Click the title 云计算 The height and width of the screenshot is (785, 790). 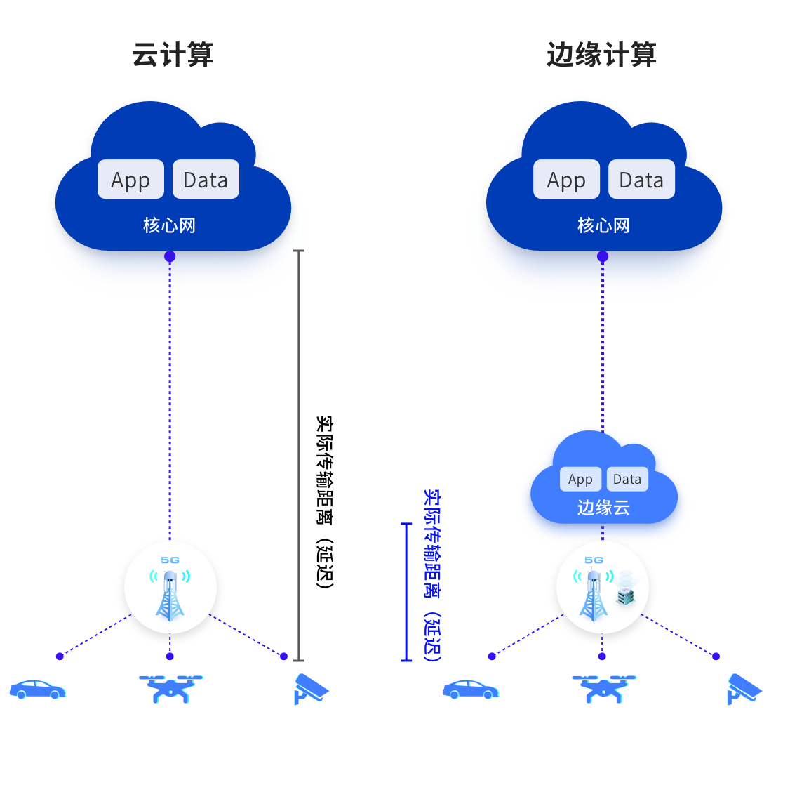[173, 55]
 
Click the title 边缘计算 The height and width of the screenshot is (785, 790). [601, 55]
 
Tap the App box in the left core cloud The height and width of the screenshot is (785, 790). [130, 180]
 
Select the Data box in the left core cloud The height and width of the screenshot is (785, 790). [206, 180]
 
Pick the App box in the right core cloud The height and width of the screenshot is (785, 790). [566, 180]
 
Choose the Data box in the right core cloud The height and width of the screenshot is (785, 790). [641, 180]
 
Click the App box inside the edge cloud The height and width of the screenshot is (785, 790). [580, 479]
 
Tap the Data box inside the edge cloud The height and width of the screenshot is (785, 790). [627, 479]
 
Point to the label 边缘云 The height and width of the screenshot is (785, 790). [603, 507]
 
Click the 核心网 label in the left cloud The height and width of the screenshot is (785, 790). [169, 225]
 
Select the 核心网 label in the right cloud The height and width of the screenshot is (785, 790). [603, 225]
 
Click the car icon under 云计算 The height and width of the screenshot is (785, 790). [37, 690]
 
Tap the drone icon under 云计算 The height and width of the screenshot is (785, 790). [170, 689]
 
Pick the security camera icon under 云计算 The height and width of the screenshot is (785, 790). [310, 689]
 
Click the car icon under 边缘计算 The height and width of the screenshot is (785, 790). [470, 690]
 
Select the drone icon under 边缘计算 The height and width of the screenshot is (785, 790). [603, 689]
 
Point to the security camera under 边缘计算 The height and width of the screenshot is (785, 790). [743, 689]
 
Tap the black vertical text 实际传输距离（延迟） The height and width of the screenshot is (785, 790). [323, 502]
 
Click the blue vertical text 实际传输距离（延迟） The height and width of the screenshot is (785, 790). [431, 576]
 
